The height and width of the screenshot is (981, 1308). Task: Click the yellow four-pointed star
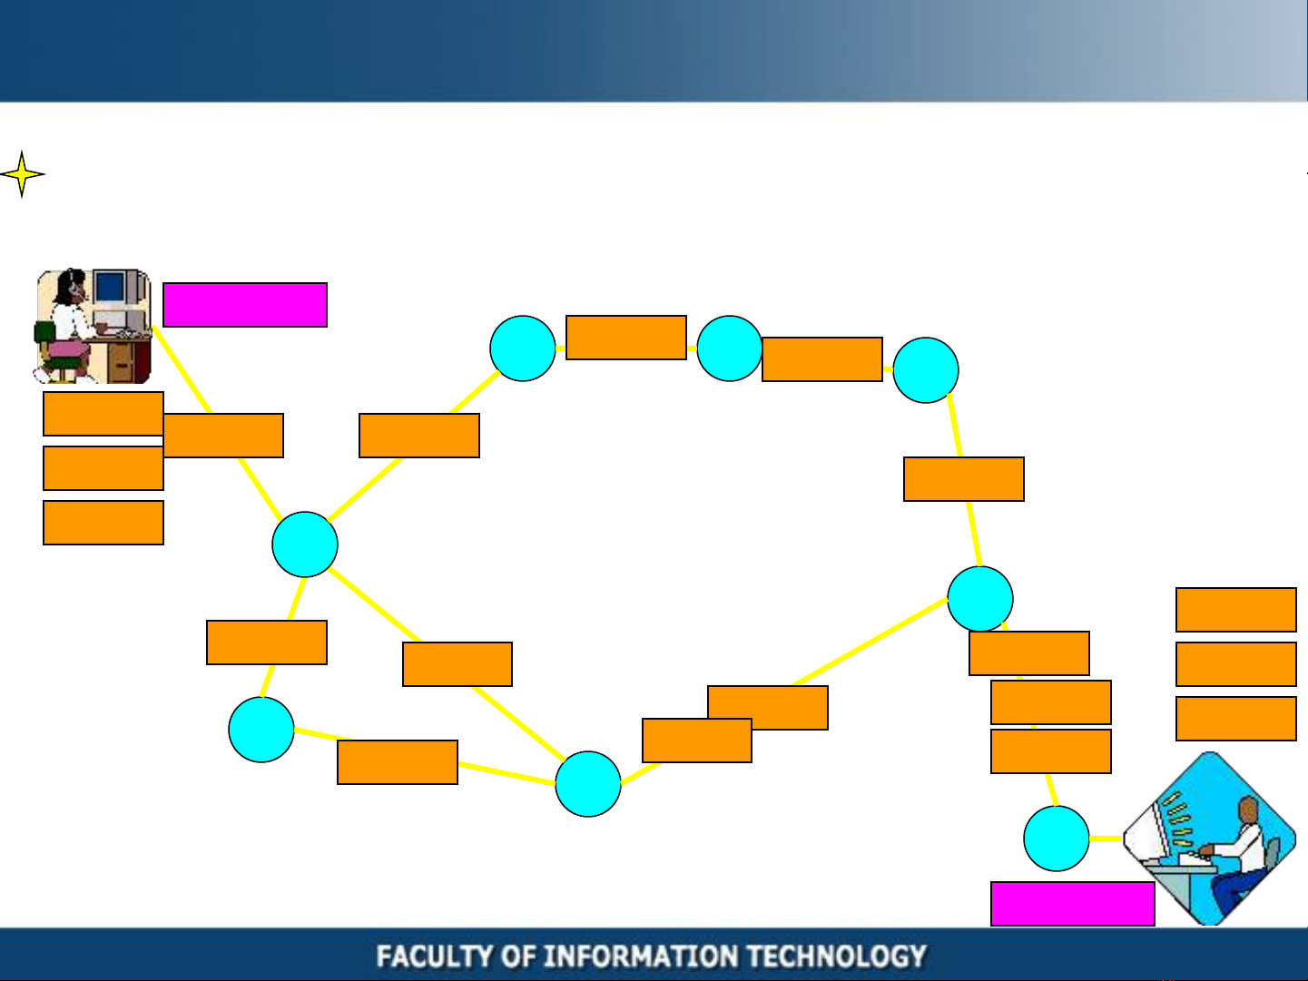click(x=22, y=174)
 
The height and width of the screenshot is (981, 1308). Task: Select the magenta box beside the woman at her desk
click(x=245, y=305)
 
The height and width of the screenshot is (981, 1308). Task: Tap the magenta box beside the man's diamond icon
click(x=1073, y=904)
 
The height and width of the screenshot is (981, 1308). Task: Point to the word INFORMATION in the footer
click(x=641, y=956)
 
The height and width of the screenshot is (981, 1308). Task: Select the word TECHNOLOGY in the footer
click(x=837, y=956)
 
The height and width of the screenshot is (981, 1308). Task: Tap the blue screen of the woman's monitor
click(x=110, y=287)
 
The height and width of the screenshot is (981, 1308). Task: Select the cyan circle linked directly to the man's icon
click(x=1057, y=839)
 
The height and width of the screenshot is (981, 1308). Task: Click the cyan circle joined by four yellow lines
click(x=305, y=544)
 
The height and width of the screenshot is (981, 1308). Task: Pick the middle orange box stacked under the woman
click(x=103, y=469)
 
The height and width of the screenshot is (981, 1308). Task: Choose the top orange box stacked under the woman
click(x=103, y=414)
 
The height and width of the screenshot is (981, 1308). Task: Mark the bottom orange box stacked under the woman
click(x=103, y=523)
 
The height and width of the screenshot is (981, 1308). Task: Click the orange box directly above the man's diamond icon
click(x=1236, y=719)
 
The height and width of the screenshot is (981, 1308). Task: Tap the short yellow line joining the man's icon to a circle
click(x=1106, y=839)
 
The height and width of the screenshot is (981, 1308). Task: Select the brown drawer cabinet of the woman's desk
click(x=122, y=362)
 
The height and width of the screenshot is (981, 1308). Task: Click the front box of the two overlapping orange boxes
click(x=697, y=741)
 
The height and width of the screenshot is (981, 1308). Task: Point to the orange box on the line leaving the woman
click(x=223, y=436)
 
